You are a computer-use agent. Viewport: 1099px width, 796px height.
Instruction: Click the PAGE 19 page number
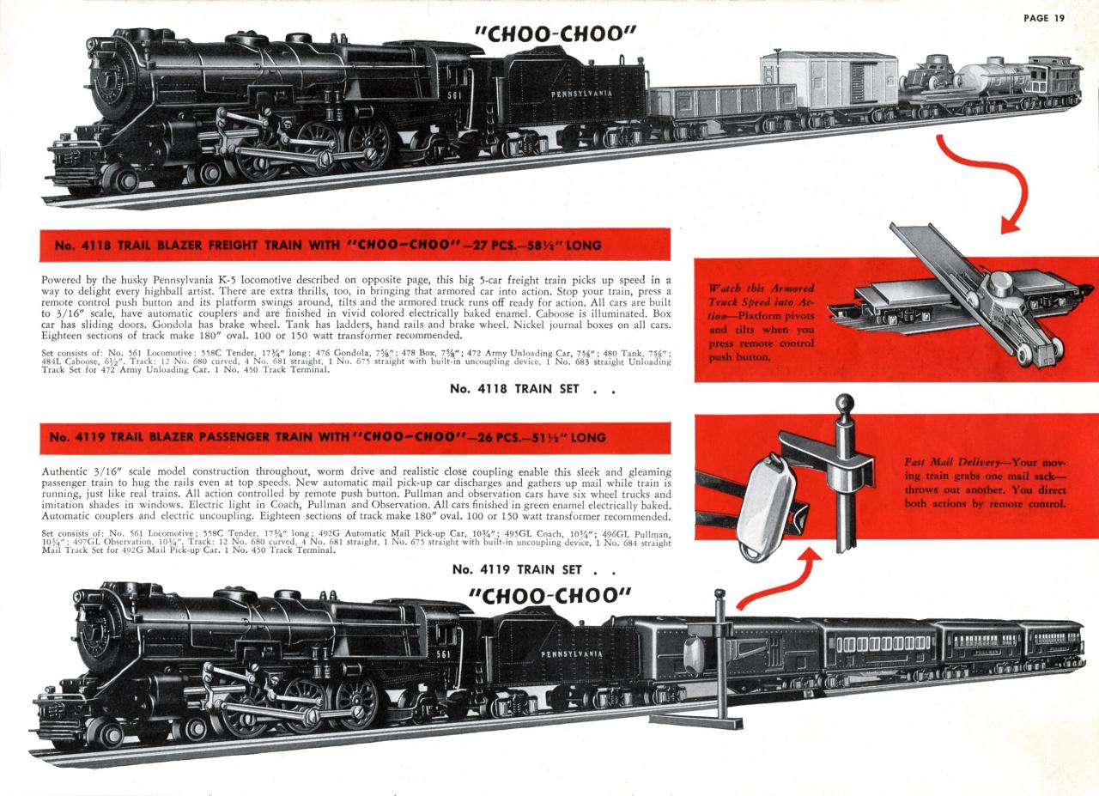click(x=1043, y=18)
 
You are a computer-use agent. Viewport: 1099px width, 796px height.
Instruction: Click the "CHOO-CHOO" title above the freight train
click(x=555, y=34)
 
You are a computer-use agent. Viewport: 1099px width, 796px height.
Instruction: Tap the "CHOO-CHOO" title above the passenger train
click(x=549, y=596)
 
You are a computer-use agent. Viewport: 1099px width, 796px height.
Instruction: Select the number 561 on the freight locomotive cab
click(x=454, y=94)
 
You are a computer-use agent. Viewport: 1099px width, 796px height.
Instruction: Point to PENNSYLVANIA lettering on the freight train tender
click(x=581, y=94)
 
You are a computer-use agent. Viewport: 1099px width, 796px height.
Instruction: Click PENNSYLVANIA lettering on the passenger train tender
click(x=571, y=654)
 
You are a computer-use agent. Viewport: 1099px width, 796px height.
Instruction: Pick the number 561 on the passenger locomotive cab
click(x=443, y=654)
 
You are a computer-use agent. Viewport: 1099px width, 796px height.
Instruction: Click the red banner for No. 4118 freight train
click(x=355, y=245)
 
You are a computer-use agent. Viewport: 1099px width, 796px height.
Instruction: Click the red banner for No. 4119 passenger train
click(x=355, y=437)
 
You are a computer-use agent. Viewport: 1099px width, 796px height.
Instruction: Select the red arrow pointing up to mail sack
click(x=780, y=578)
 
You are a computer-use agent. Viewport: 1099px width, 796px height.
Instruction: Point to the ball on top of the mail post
click(x=844, y=403)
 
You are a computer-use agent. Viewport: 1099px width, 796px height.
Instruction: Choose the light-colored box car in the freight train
click(x=829, y=80)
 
